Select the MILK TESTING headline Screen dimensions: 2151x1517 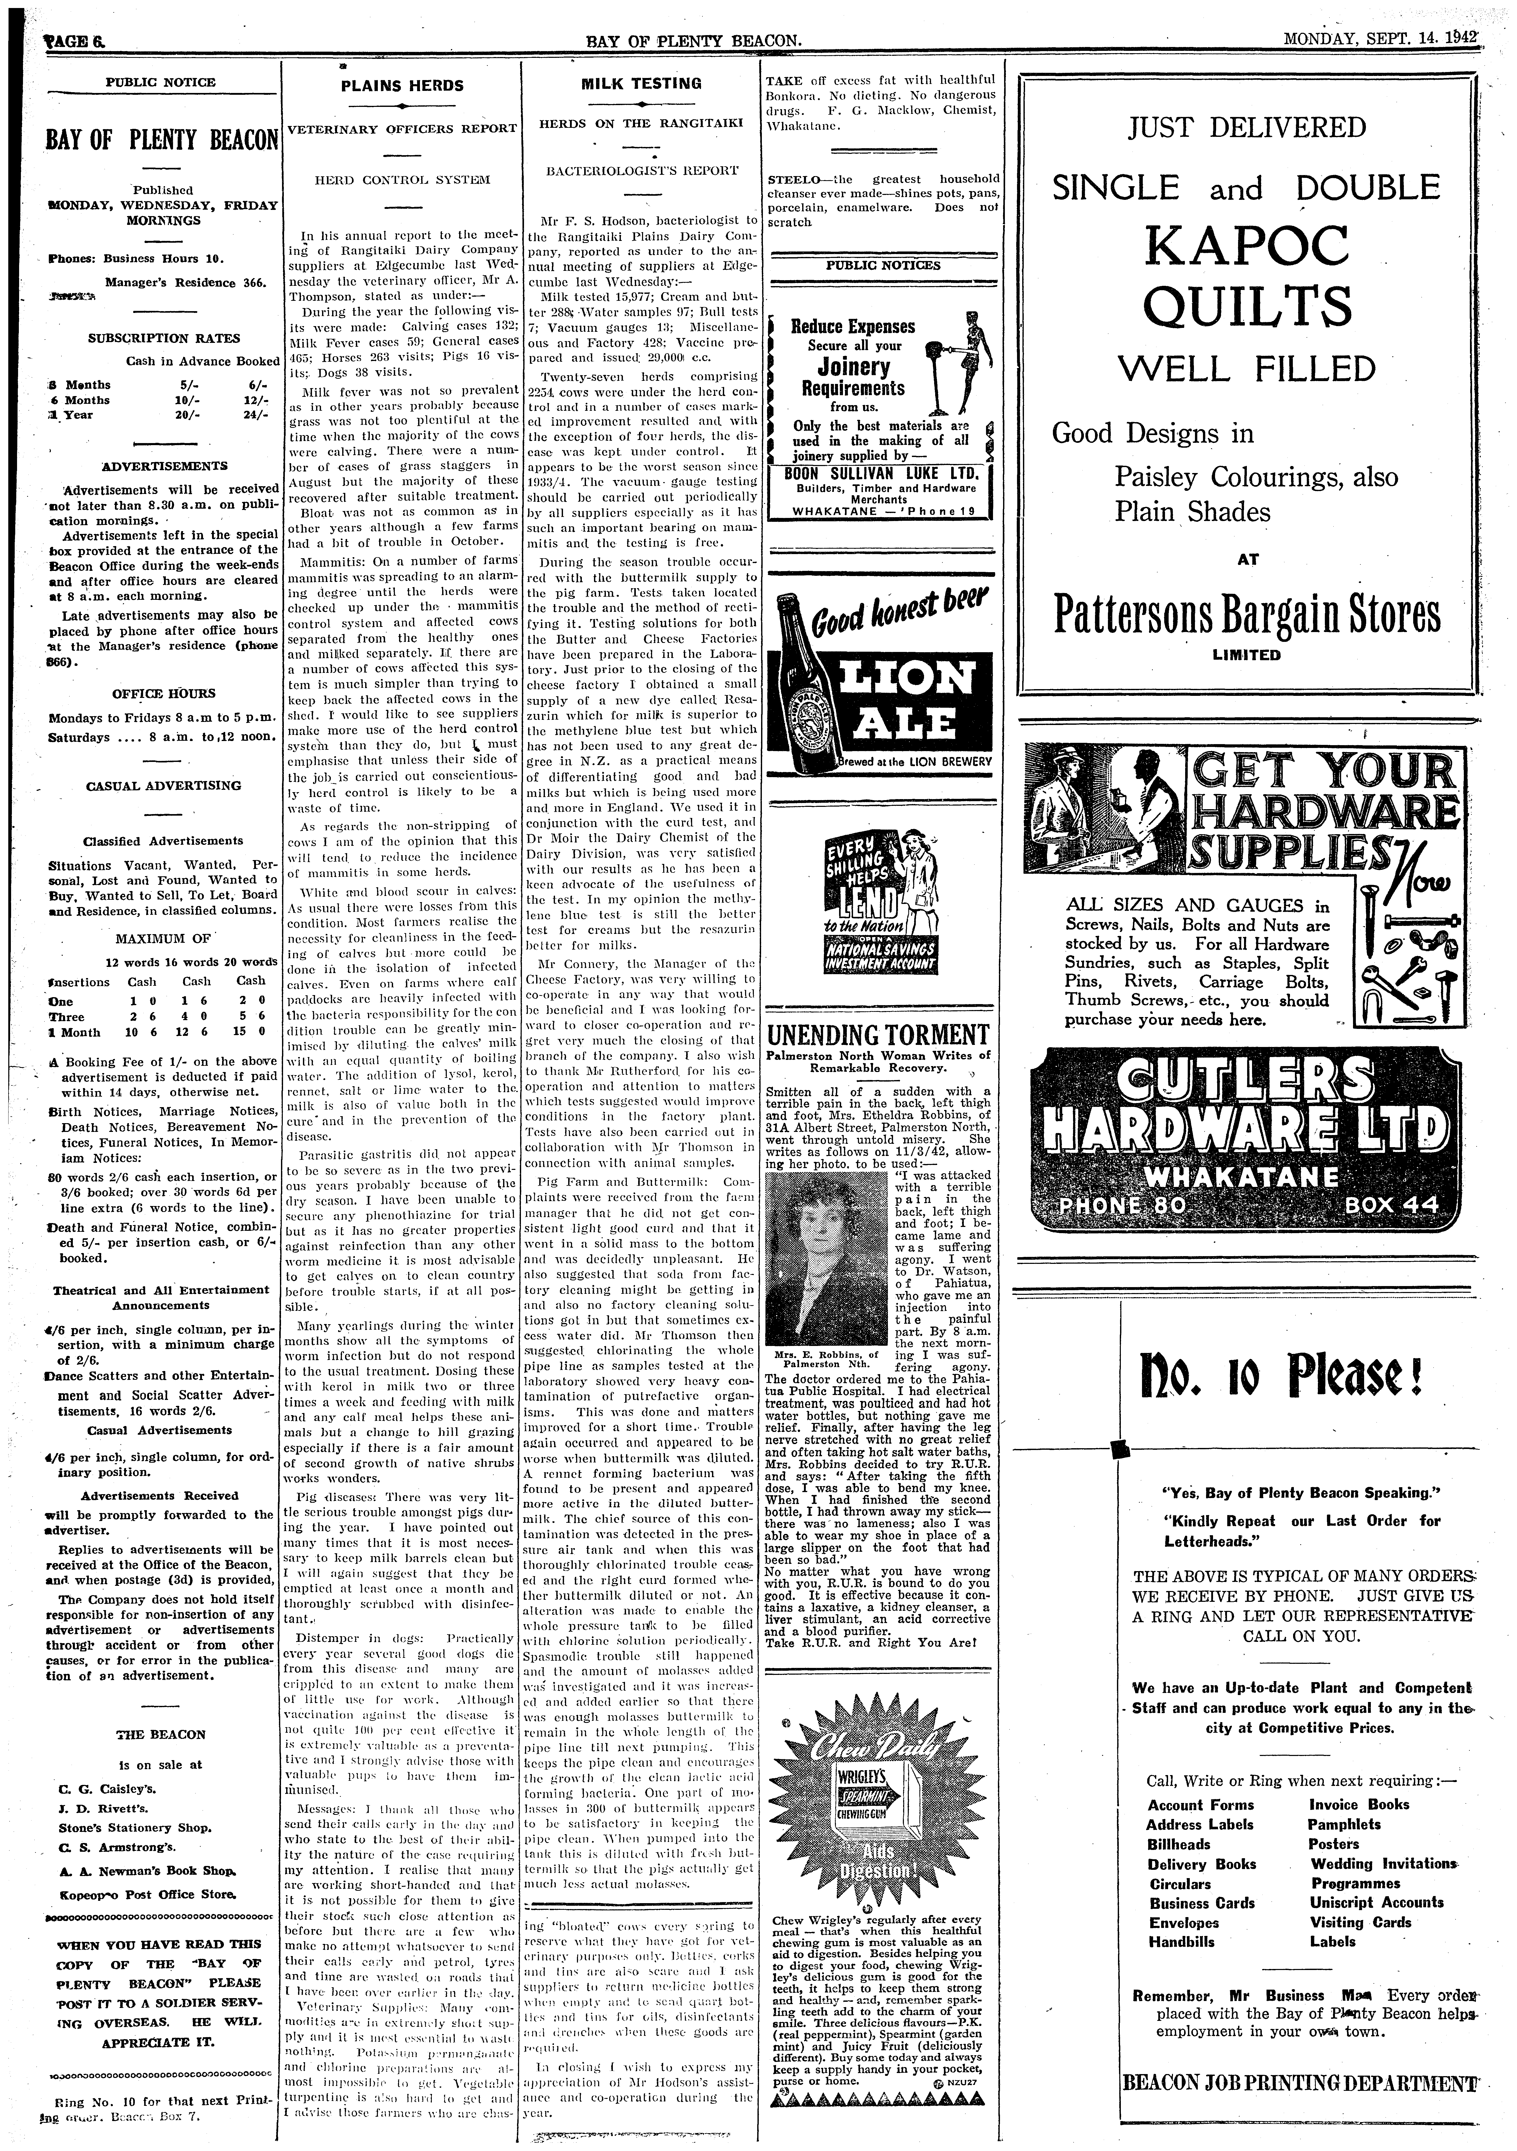pyautogui.click(x=641, y=83)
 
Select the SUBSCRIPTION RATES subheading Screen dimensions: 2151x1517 pyautogui.click(x=164, y=338)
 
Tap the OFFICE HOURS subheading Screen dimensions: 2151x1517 pyautogui.click(x=164, y=693)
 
